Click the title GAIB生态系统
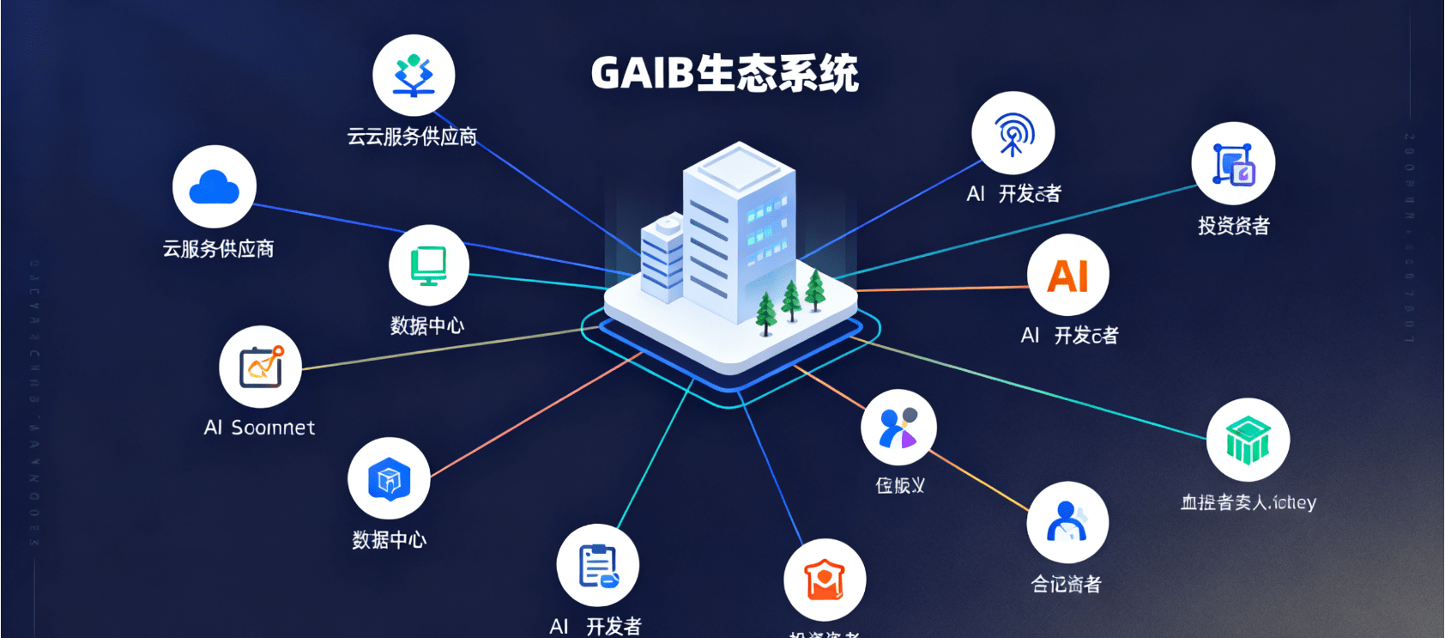click(x=724, y=73)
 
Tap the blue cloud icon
click(x=214, y=187)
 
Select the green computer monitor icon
click(x=428, y=264)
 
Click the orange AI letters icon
click(x=1067, y=276)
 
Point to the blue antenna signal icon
click(x=1013, y=133)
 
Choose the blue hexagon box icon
click(x=389, y=478)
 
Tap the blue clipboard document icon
click(x=597, y=566)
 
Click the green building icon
click(x=1247, y=439)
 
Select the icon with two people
click(x=898, y=428)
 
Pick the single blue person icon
click(x=1067, y=522)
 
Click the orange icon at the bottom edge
click(x=824, y=580)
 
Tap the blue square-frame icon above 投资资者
click(x=1233, y=163)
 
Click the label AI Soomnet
click(x=259, y=428)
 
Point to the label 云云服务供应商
click(x=412, y=137)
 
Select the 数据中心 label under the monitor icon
click(x=427, y=325)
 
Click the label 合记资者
click(x=1066, y=584)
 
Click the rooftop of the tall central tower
click(x=738, y=163)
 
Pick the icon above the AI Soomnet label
click(x=260, y=367)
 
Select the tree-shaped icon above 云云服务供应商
click(x=414, y=75)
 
